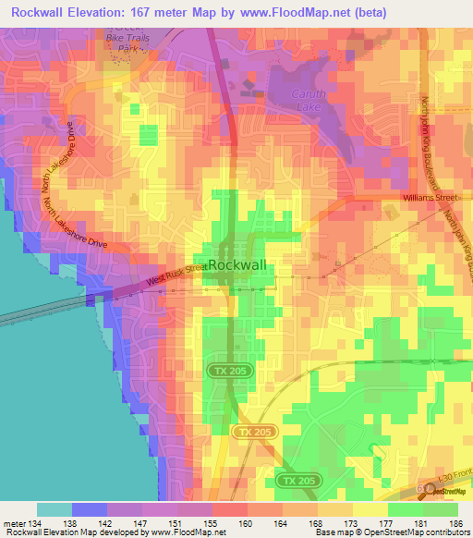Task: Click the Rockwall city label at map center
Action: click(237, 265)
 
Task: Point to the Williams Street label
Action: click(430, 198)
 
